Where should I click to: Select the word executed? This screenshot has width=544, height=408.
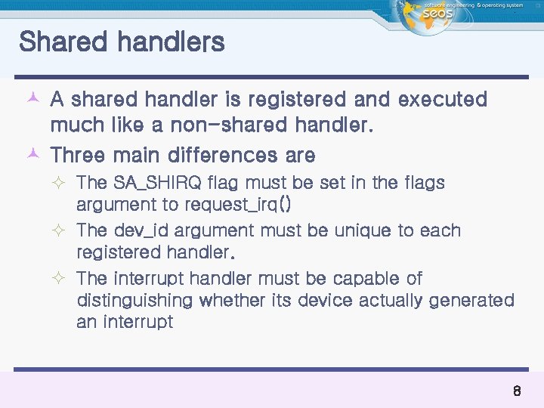pyautogui.click(x=442, y=100)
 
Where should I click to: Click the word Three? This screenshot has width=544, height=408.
pyautogui.click(x=82, y=156)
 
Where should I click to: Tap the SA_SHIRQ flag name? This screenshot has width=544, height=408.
pyautogui.click(x=158, y=183)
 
